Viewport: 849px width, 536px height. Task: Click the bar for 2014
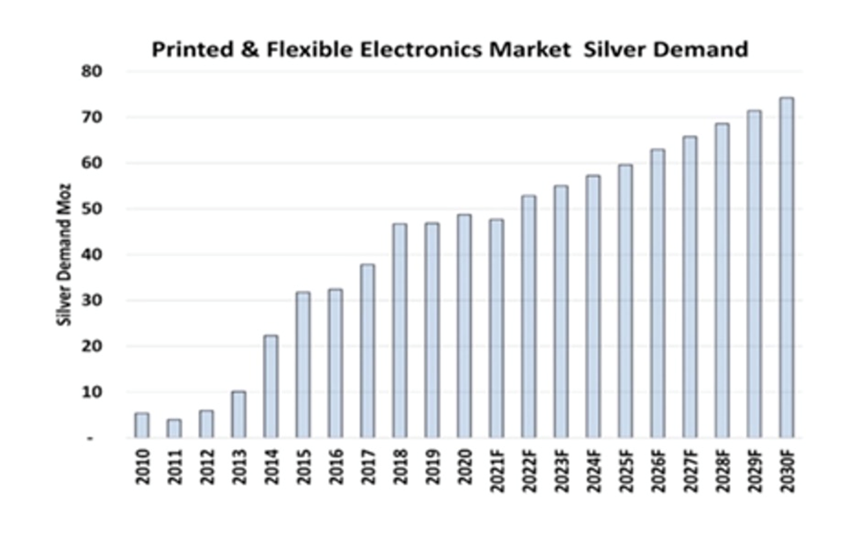point(271,387)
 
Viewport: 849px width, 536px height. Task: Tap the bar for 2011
point(174,428)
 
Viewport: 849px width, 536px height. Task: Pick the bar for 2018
point(400,330)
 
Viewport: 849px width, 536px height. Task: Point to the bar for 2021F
point(497,329)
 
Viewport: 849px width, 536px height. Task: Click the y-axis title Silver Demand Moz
point(63,255)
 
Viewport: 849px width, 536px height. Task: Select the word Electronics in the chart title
point(396,49)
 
